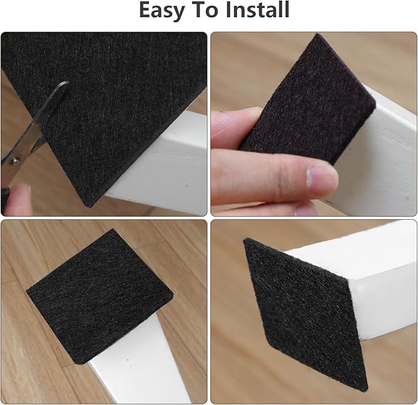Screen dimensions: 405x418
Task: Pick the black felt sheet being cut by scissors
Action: [x=105, y=92]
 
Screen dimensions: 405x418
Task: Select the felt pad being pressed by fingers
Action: [x=302, y=98]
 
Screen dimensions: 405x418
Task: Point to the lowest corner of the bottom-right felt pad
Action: [x=364, y=388]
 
